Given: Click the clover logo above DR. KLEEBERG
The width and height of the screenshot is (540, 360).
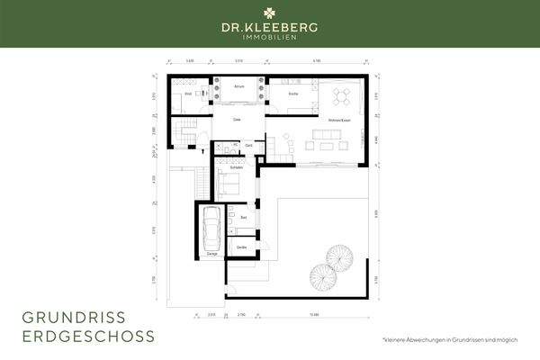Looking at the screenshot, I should (x=270, y=13).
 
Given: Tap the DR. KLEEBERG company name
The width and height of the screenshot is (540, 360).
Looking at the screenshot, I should (x=270, y=29).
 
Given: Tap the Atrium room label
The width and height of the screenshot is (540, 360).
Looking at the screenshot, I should (x=239, y=86).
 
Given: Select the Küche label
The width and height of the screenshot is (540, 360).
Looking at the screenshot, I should (x=293, y=94).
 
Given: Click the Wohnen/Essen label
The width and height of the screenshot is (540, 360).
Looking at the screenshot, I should (x=339, y=119).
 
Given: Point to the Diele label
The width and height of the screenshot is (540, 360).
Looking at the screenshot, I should (x=237, y=119).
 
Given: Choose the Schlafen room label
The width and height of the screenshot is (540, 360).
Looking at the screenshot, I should (x=236, y=167).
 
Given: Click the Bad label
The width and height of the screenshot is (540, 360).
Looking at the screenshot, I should (x=244, y=217).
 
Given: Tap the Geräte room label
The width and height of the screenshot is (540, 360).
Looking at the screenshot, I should (x=242, y=247).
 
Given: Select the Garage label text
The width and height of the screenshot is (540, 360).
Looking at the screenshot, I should (x=211, y=255).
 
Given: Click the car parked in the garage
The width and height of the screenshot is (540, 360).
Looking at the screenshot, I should (x=211, y=229).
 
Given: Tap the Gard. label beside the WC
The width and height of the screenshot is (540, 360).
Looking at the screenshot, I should (x=248, y=145).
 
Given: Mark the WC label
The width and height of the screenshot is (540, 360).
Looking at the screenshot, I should (x=235, y=145).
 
